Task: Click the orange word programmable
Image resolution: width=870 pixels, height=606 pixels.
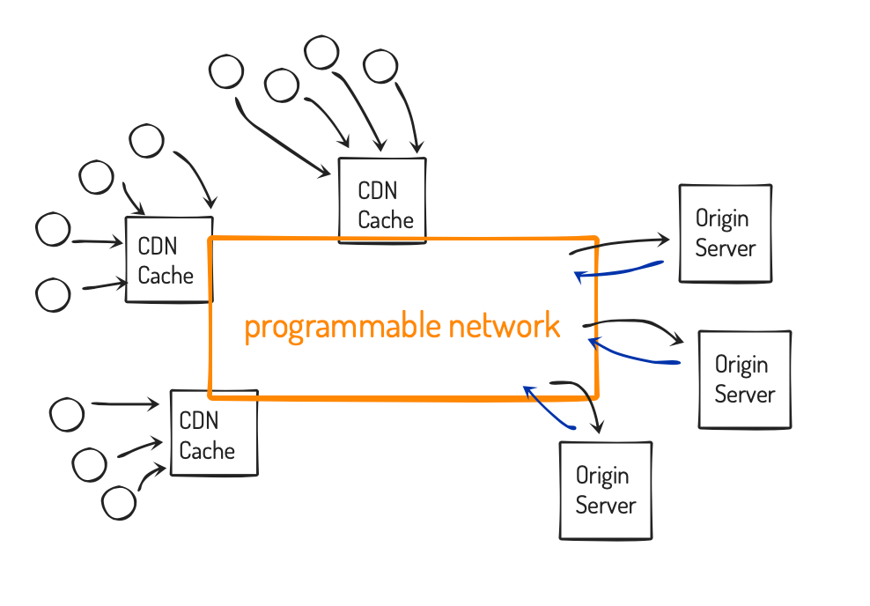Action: tap(343, 326)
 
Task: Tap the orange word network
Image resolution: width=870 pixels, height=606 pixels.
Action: tap(505, 325)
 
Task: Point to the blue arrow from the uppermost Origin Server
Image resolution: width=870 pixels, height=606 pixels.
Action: tap(619, 271)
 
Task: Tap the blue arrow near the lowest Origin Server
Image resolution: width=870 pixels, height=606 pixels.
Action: tap(549, 407)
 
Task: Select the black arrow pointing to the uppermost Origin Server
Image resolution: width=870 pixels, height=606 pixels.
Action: tap(619, 244)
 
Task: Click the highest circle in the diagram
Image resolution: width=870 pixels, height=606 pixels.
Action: tap(321, 53)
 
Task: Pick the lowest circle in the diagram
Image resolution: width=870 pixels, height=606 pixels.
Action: tap(119, 503)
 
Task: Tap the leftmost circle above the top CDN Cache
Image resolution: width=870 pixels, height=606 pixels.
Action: tap(226, 71)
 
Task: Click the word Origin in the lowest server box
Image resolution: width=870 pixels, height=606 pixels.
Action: tap(602, 477)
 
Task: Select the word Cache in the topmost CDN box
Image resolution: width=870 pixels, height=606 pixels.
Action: tap(386, 220)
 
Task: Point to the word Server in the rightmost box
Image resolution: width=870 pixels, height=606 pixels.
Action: tap(745, 395)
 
